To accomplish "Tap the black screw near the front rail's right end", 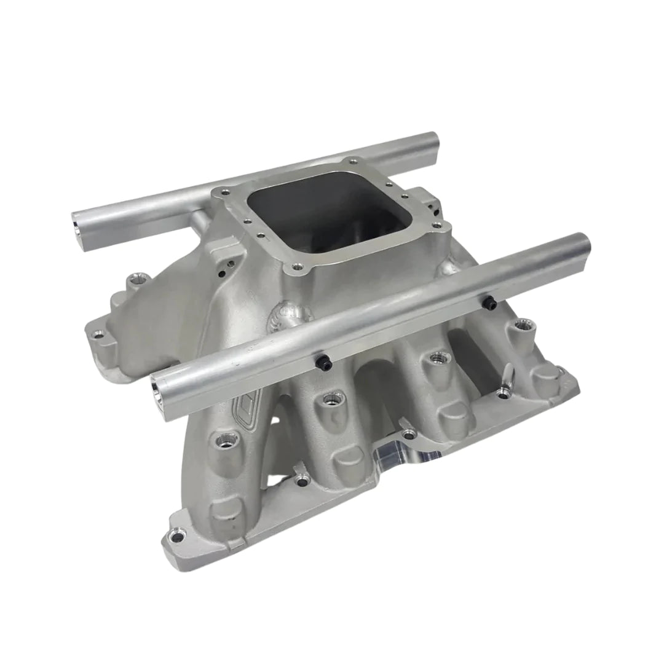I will pyautogui.click(x=490, y=302).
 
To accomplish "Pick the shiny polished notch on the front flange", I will pyautogui.click(x=418, y=454).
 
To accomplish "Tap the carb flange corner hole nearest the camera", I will pyautogui.click(x=298, y=267).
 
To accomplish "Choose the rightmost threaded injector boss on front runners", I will pyautogui.click(x=523, y=325).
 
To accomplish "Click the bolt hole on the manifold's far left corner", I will pyautogui.click(x=97, y=335).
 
